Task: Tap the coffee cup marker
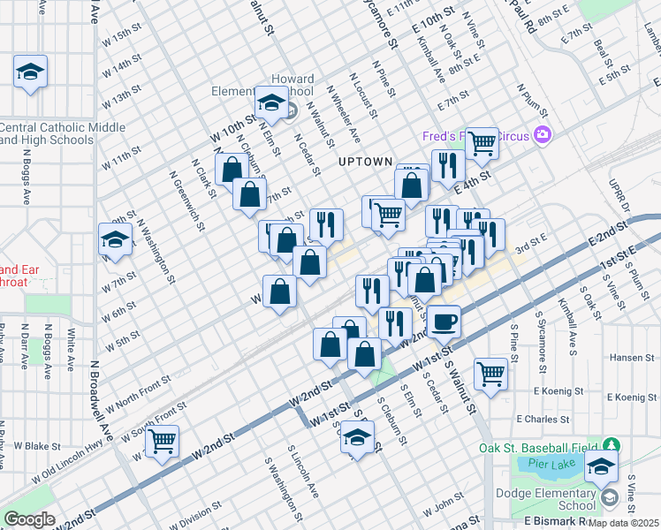tap(444, 320)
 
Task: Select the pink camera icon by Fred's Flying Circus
tap(543, 135)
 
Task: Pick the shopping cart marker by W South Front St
tap(162, 441)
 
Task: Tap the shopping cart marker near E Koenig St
tap(490, 372)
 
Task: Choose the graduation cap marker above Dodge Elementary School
tap(602, 468)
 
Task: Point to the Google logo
tap(30, 519)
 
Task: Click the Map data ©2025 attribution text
tap(623, 523)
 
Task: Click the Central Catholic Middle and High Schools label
tap(62, 133)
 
